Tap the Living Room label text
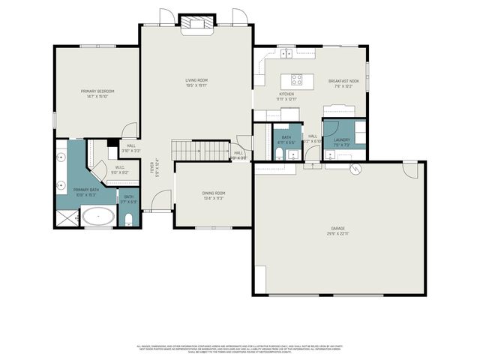coord(196,80)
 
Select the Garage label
coord(338,228)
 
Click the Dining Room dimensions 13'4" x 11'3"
coord(213,199)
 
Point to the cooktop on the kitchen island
coord(295,77)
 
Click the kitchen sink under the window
coord(286,55)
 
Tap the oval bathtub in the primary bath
coord(98,217)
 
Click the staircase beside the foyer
coord(201,149)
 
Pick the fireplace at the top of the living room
coord(196,24)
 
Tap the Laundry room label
coord(342,139)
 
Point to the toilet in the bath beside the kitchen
coord(278,155)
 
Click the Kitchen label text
coord(286,94)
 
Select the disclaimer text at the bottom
coord(240,349)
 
